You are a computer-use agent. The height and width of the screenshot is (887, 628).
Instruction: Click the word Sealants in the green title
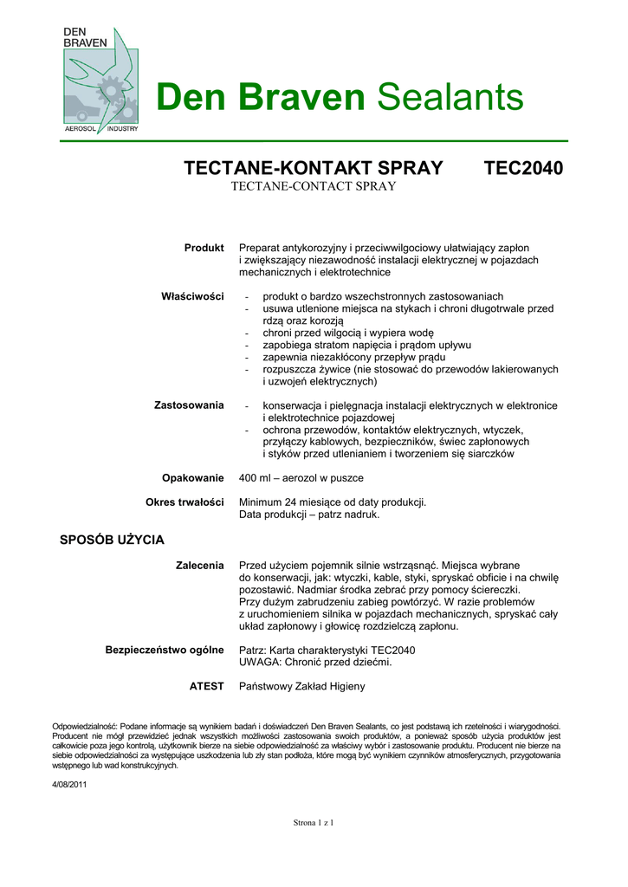(x=450, y=97)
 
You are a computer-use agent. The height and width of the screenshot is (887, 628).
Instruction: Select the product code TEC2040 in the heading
(x=522, y=168)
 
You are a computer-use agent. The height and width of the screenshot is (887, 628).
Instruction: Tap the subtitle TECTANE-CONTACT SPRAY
(x=313, y=186)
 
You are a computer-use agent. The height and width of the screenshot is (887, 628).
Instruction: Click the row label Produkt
(x=204, y=248)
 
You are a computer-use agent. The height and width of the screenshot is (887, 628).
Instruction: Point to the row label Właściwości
(x=192, y=296)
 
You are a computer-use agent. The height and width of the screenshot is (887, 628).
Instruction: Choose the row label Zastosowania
(x=189, y=405)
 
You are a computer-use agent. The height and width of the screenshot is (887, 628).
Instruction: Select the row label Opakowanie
(x=192, y=477)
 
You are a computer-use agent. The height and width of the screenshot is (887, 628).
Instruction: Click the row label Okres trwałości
(x=185, y=502)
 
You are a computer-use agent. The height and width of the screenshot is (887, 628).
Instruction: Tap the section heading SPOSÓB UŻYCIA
(x=112, y=540)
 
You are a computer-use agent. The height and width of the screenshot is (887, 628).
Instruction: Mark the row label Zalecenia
(x=199, y=565)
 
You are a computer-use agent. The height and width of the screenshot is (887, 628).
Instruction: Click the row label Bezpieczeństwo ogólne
(x=165, y=649)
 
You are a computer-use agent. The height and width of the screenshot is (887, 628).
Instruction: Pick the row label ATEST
(x=206, y=686)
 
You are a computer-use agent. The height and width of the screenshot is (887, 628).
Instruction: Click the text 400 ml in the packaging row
(x=256, y=477)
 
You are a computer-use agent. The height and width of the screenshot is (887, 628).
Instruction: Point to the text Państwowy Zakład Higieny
(x=301, y=686)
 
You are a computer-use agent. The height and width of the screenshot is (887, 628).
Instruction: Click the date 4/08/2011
(x=70, y=785)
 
